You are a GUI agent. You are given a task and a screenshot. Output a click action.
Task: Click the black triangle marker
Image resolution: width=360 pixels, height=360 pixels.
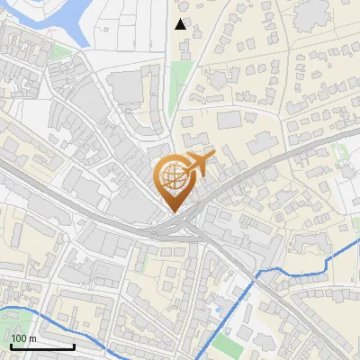pos(181,24)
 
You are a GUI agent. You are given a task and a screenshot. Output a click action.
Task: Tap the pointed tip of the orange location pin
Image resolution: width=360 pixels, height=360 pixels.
pos(174,211)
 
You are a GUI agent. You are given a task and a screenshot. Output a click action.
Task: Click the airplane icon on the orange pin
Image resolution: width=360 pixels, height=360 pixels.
pos(197,165)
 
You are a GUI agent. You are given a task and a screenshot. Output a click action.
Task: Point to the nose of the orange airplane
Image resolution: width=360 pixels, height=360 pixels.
pos(213,156)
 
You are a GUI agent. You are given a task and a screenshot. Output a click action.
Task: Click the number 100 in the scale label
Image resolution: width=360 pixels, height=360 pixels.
pos(19,338)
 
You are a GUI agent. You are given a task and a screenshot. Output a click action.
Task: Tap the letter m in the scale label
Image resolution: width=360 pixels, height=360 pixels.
pos(32,338)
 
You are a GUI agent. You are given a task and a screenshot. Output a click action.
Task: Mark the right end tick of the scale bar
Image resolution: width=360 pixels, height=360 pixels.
pos(74,346)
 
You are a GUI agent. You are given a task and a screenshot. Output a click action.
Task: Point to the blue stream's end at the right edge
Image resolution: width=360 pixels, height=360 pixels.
pos(357,241)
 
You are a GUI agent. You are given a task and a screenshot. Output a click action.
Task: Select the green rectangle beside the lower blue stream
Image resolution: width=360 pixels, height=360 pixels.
pos(228,344)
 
